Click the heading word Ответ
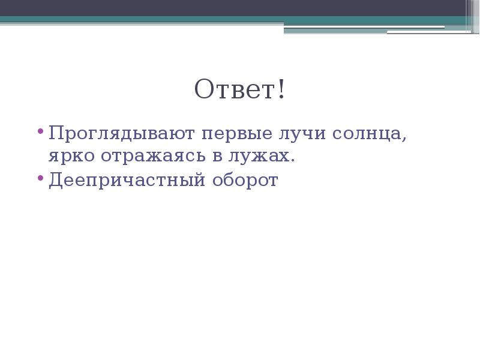pos(235,90)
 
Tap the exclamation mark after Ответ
pos(281,90)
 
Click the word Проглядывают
pos(122,134)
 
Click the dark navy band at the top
pos(240,8)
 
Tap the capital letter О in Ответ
pos(203,90)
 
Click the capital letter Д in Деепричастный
pos(55,180)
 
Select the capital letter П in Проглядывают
pos(56,133)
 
